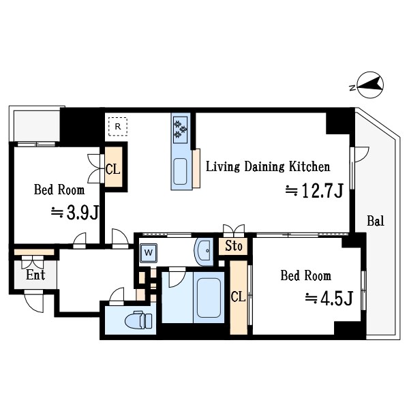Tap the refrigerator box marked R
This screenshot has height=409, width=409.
click(x=118, y=127)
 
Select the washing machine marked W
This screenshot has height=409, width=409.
click(x=149, y=253)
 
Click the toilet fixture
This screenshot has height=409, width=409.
click(x=138, y=320)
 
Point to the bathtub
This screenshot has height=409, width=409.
click(x=209, y=298)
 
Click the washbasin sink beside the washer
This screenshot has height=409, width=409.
click(x=204, y=252)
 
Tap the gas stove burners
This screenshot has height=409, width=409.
click(x=180, y=130)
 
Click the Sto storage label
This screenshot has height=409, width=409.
click(x=234, y=246)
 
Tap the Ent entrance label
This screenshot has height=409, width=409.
click(x=35, y=275)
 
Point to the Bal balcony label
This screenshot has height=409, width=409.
click(x=376, y=221)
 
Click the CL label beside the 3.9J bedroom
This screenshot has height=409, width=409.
click(x=113, y=169)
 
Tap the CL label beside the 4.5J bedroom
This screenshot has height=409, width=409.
click(x=238, y=297)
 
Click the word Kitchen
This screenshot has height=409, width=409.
click(x=309, y=166)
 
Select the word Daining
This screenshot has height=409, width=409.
click(x=264, y=167)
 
